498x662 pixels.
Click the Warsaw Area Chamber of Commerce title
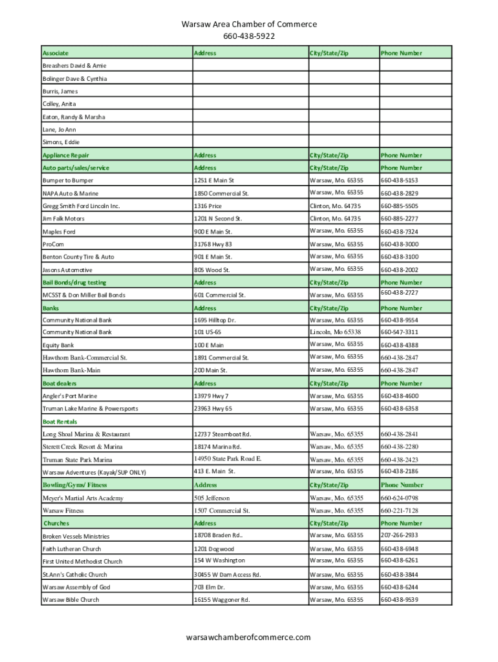249,24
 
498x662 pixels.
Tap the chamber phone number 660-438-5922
249,36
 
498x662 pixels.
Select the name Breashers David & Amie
74,66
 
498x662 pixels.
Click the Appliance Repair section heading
66,155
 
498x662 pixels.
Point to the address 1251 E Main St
214,180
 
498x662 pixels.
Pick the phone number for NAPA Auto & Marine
399,193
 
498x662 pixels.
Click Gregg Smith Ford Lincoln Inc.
81,206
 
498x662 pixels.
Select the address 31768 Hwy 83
213,244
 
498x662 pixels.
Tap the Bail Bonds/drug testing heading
74,283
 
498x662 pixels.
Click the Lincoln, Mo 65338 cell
335,332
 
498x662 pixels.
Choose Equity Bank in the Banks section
58,345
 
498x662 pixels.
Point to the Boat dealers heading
60,383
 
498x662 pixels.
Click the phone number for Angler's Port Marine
399,396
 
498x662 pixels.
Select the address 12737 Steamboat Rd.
222,434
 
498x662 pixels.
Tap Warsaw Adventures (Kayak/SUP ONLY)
94,473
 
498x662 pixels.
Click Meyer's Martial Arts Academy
83,498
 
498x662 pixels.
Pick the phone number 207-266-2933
399,535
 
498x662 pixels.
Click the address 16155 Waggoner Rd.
221,599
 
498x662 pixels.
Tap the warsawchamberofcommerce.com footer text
248,637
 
